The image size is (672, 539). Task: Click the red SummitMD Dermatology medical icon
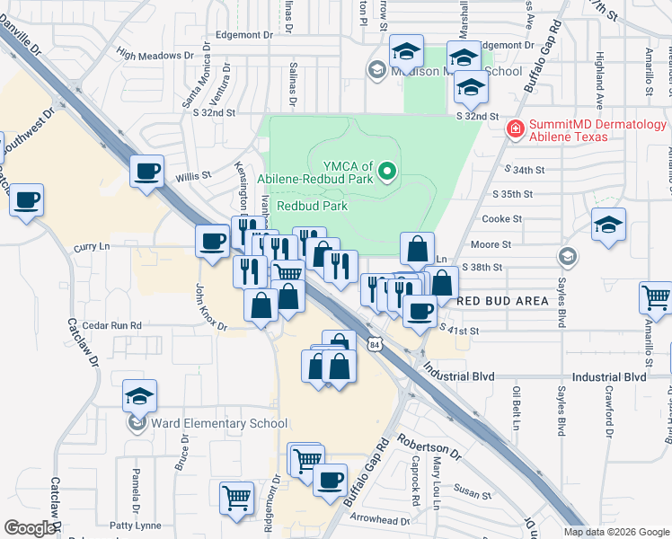coord(516,129)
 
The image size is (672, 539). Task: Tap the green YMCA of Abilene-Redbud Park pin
coord(387,170)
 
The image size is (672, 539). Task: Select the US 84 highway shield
coord(374,342)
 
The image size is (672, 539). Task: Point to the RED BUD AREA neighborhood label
coord(502,300)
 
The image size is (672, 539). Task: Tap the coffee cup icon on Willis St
coord(146,169)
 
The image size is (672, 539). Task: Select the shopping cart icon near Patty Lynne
coord(236,496)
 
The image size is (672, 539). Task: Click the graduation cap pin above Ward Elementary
coord(139,394)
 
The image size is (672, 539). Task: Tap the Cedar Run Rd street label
coord(111,325)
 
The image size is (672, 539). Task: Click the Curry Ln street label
coord(91,245)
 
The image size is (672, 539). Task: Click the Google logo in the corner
coord(30,528)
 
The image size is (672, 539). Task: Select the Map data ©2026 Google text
coord(615,532)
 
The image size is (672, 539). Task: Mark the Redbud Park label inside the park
coord(312,205)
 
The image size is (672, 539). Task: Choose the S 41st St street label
coord(461,331)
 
